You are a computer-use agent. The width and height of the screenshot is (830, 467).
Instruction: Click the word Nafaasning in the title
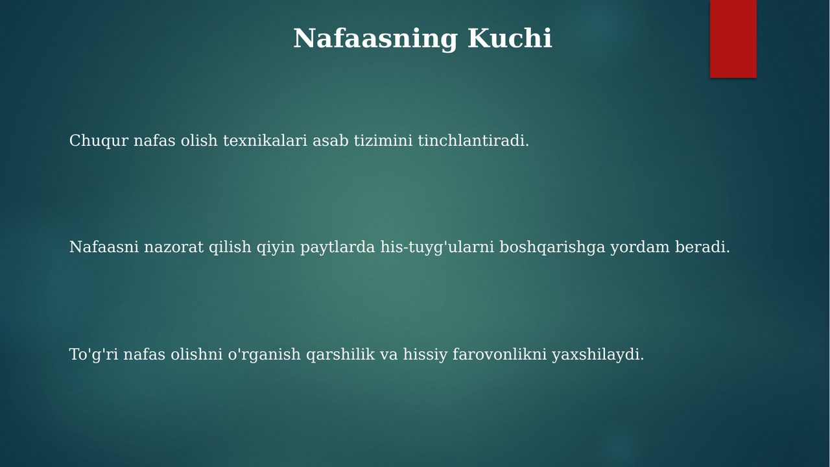375,38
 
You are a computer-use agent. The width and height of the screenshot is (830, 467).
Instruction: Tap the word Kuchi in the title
510,38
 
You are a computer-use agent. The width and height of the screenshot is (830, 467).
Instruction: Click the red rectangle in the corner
733,39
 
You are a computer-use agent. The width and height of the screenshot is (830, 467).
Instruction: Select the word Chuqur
99,141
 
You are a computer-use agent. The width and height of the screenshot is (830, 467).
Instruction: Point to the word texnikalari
265,141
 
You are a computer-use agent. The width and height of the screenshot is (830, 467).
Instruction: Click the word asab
331,141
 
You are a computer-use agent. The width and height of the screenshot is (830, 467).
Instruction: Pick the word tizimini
383,141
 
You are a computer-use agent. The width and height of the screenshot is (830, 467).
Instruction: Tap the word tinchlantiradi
473,141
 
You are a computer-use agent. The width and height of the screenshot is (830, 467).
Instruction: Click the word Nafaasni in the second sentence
104,247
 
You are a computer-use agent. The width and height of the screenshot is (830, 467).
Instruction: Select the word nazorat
174,247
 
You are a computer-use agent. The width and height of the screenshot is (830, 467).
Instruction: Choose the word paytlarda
338,248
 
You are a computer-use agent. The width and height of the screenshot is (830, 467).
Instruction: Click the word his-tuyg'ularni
437,248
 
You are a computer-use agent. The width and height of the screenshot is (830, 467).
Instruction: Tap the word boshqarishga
552,248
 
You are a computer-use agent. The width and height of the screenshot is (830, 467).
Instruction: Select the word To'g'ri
94,355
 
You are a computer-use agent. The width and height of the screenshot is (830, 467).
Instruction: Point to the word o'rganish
264,355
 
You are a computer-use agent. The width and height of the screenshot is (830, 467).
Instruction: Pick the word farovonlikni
499,354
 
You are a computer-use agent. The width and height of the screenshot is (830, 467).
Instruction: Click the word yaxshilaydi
598,355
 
